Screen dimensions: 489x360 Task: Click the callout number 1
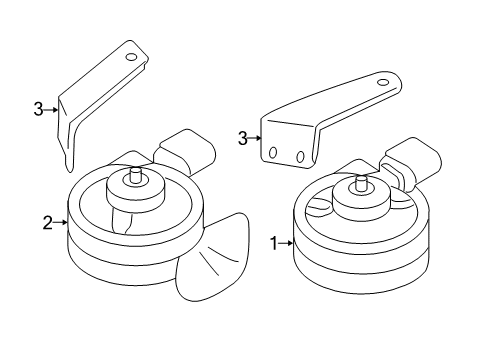[274, 243]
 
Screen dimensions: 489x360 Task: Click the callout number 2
[47, 223]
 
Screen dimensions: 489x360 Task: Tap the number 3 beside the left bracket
[38, 109]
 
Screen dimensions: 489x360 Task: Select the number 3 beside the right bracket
[243, 138]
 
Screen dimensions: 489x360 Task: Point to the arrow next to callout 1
[286, 243]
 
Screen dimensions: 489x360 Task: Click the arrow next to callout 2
[60, 222]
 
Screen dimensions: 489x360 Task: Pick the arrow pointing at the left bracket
[51, 109]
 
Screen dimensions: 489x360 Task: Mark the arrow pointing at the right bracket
[254, 138]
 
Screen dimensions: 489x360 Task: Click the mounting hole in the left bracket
[131, 57]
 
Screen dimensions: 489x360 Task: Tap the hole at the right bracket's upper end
[383, 82]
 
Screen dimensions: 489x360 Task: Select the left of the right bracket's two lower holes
[273, 153]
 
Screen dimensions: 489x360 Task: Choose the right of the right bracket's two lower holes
[300, 156]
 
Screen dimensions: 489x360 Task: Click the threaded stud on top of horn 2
[135, 175]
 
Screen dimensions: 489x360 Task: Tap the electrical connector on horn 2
[184, 152]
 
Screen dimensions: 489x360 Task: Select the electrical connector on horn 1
[413, 163]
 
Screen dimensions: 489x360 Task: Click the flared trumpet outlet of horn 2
[212, 257]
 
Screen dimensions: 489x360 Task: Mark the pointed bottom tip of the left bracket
[69, 171]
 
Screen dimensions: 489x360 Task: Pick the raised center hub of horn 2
[136, 193]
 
